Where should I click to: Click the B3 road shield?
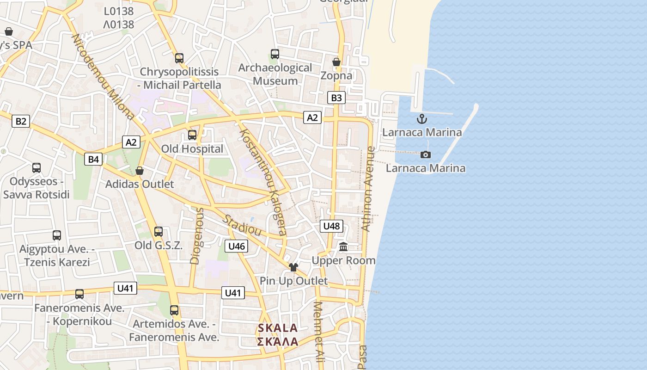[x=336, y=98]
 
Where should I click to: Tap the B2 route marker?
[x=21, y=121]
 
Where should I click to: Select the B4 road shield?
[x=93, y=159]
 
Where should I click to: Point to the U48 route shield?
[x=331, y=226]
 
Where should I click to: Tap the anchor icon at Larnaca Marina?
[x=421, y=119]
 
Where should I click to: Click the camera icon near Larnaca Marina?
[x=426, y=154]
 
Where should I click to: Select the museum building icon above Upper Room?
[x=343, y=247]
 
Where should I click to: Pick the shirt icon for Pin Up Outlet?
[x=293, y=267]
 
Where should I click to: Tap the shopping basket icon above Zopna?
[x=336, y=62]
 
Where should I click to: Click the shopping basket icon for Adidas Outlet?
[x=139, y=171]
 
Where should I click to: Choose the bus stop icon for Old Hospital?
[x=192, y=135]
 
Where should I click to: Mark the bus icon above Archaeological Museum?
[x=275, y=54]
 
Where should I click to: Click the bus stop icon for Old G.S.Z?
[x=159, y=231]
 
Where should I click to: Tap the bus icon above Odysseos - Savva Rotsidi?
[x=37, y=167]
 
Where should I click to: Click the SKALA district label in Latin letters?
[x=278, y=328]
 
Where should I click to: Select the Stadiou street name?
[x=242, y=225]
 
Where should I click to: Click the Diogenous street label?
[x=197, y=236]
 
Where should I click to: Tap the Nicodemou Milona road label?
[x=103, y=77]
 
